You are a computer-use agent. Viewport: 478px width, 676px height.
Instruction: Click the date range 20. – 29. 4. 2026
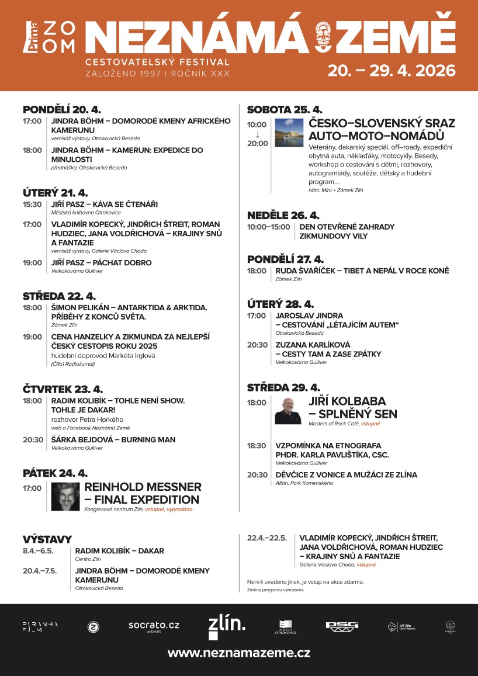tap(391, 71)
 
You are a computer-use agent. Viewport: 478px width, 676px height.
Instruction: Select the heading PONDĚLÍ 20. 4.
tap(62, 109)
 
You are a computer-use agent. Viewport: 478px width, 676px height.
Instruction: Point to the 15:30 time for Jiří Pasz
tap(32, 204)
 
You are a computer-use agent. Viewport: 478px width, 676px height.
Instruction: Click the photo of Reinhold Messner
tap(65, 497)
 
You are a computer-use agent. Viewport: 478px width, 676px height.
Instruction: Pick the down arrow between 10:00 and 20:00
tap(257, 134)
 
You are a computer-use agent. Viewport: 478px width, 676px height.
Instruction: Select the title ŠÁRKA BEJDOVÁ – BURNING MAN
tap(113, 439)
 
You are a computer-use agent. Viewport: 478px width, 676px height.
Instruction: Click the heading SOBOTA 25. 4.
tap(285, 109)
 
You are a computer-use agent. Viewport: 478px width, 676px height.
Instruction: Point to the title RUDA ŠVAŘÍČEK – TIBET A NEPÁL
tap(362, 271)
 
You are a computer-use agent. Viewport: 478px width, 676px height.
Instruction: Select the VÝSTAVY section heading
tap(47, 539)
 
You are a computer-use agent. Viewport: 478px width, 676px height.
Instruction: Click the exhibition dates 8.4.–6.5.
tap(38, 550)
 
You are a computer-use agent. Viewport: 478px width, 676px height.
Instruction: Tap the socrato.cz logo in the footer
tap(154, 626)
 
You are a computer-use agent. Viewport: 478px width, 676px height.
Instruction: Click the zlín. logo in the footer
tap(227, 626)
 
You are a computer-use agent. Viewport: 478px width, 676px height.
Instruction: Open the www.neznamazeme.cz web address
tap(239, 653)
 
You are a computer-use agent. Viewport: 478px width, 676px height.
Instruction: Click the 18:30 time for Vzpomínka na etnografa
tap(257, 445)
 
